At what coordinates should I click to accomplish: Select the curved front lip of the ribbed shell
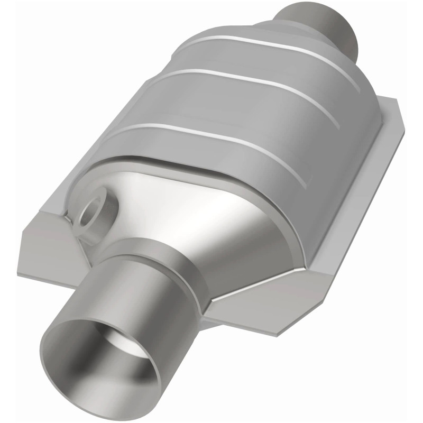tap(201, 169)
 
